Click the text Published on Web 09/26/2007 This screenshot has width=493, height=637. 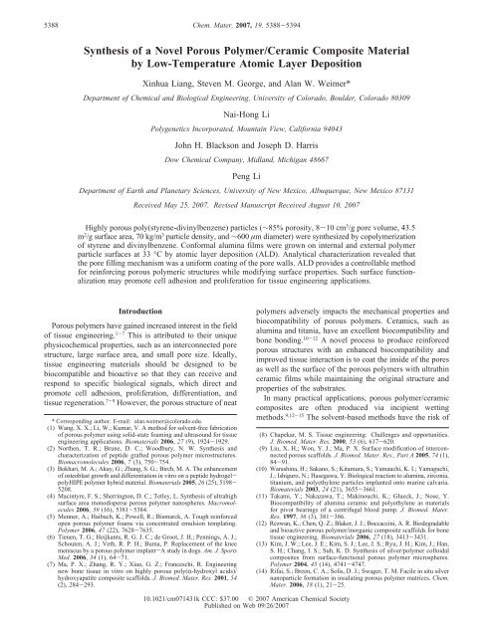pyautogui.click(x=246, y=630)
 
